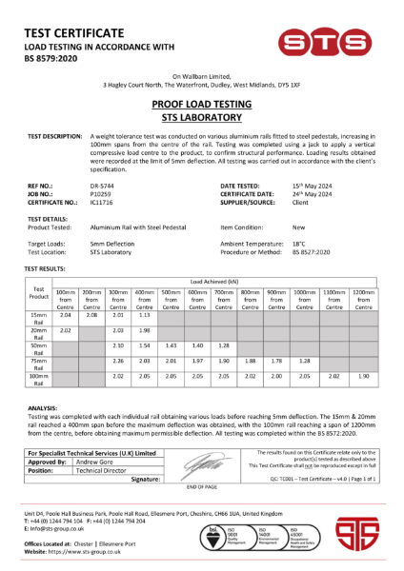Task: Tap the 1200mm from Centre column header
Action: point(363,298)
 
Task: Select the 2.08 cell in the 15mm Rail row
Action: point(91,314)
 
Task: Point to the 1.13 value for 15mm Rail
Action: point(145,314)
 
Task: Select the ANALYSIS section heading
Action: point(43,405)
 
